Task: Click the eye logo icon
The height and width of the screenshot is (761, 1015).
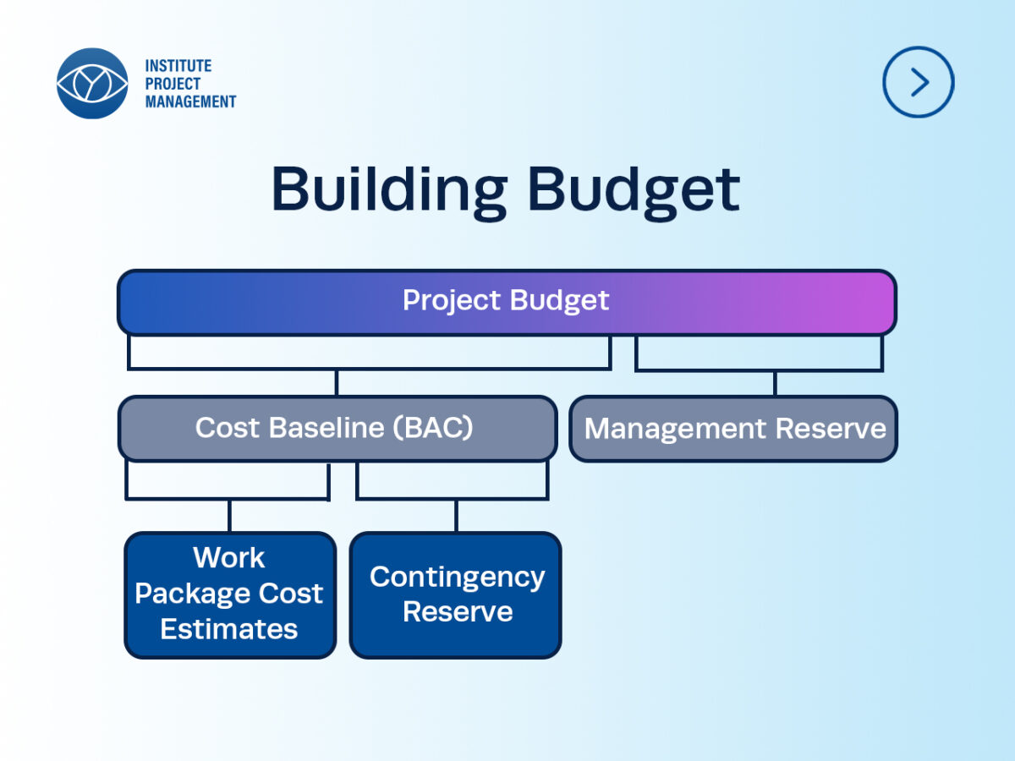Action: click(92, 83)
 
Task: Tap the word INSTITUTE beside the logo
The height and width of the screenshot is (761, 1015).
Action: click(178, 66)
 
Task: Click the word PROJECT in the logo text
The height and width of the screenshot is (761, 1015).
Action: click(173, 84)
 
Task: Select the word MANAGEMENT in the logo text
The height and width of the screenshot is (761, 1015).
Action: click(190, 101)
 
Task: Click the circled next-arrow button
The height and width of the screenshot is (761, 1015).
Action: click(919, 82)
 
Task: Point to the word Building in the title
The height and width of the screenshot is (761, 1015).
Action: click(388, 190)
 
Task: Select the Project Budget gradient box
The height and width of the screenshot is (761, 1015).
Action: click(507, 302)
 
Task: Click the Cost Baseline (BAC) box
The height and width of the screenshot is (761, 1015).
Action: click(337, 429)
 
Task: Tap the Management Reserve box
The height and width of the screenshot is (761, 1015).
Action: click(733, 429)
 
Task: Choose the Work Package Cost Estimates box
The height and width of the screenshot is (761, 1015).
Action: click(230, 595)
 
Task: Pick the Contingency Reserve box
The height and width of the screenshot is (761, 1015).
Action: click(456, 595)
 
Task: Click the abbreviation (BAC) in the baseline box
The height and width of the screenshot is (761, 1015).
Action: click(433, 427)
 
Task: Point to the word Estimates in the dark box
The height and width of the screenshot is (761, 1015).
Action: click(229, 629)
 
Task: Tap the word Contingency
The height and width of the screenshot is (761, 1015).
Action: click(458, 578)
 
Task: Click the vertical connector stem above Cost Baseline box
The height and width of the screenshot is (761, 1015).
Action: click(337, 382)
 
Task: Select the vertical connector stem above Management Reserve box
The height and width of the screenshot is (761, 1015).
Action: click(775, 383)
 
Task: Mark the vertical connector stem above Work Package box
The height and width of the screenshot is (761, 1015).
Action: click(229, 516)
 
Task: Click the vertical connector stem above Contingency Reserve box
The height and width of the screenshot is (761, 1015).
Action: click(457, 516)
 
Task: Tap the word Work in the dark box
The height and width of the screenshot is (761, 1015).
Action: click(229, 557)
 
